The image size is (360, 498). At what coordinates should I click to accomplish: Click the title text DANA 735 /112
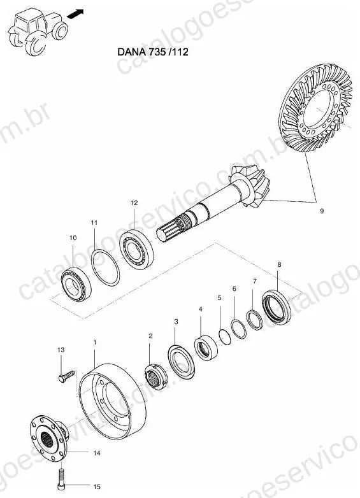click(153, 52)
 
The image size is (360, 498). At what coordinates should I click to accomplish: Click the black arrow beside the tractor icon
click(76, 13)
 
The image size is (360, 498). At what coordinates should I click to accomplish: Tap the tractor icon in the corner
click(38, 31)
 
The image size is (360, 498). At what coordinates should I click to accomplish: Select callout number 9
click(322, 211)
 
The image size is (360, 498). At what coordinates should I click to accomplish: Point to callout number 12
click(134, 203)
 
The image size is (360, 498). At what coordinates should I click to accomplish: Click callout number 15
click(97, 487)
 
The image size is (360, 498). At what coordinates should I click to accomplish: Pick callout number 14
click(97, 453)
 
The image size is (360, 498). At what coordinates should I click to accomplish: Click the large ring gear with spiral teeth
click(315, 107)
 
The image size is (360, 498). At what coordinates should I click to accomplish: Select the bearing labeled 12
click(136, 249)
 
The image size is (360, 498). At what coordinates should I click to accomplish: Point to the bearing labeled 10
click(76, 284)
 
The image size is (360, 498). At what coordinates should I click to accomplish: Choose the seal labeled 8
click(277, 307)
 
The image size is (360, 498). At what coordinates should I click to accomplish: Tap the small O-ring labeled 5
click(225, 337)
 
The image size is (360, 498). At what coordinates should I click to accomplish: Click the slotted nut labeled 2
click(155, 377)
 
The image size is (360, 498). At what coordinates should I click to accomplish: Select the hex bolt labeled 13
click(67, 376)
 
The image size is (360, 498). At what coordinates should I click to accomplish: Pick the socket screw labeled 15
click(61, 480)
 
